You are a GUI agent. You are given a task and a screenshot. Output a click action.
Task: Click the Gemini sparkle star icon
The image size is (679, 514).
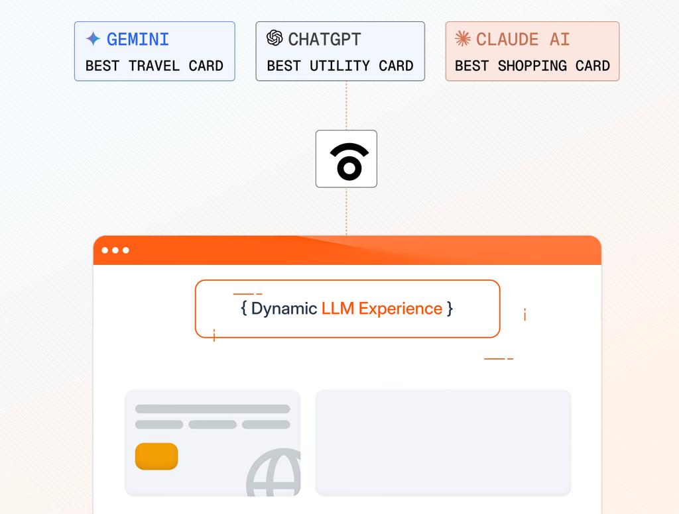tap(93, 39)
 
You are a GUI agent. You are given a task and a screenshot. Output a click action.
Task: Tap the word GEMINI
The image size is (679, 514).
tap(138, 39)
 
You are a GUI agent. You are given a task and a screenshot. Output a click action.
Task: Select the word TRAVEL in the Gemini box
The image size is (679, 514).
tap(154, 66)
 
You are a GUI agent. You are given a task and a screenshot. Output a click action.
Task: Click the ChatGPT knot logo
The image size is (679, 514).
tap(275, 38)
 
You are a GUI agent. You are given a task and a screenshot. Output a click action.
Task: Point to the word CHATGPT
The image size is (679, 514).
tap(324, 39)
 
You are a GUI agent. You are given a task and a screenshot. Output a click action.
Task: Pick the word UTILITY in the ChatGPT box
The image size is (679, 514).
tap(339, 66)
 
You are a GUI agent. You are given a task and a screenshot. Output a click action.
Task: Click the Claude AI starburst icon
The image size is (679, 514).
tap(462, 38)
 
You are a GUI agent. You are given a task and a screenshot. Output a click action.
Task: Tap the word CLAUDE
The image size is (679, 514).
tap(507, 39)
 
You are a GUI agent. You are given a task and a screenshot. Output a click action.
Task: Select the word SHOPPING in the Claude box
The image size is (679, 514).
tap(532, 66)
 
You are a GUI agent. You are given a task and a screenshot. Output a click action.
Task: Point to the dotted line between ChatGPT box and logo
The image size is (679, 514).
tap(346, 105)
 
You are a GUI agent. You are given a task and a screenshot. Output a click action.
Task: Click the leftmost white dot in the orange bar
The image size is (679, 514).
tap(105, 250)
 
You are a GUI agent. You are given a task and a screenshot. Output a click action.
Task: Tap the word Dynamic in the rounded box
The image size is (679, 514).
tap(284, 309)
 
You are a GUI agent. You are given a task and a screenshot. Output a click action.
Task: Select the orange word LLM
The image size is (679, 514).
tap(338, 309)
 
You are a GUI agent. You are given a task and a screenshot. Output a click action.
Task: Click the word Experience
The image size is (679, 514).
tap(401, 309)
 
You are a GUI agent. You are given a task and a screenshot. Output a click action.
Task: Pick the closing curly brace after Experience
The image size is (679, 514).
tap(450, 309)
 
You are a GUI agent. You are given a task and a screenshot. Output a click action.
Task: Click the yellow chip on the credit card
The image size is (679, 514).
tap(156, 456)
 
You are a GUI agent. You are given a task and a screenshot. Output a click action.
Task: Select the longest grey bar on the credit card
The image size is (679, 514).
tap(213, 409)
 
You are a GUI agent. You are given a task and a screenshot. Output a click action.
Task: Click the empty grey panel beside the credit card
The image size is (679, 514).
tap(443, 442)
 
